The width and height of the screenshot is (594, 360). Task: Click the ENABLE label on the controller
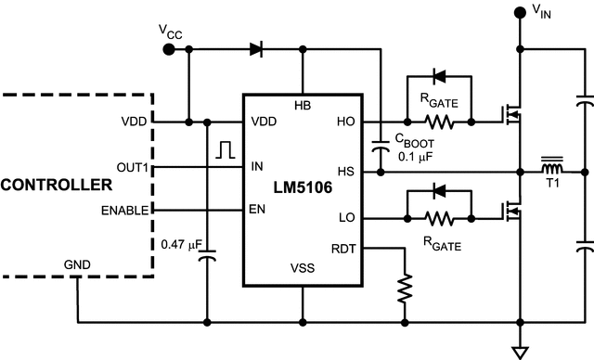click(x=124, y=211)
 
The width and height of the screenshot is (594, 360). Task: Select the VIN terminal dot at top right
click(x=518, y=13)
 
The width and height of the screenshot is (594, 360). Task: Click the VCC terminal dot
click(x=167, y=50)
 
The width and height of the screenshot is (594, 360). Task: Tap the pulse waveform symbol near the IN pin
click(x=224, y=148)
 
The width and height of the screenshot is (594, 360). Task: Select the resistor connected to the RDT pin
click(x=405, y=289)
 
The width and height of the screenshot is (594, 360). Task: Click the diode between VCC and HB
click(x=256, y=50)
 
